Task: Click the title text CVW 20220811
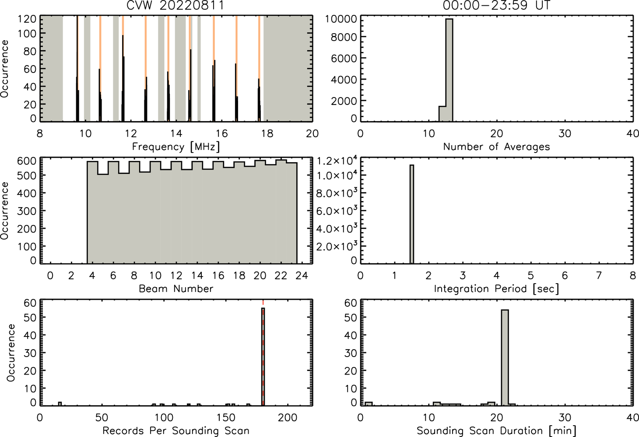(175, 5)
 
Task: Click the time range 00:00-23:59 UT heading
(497, 5)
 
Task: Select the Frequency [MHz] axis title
(176, 147)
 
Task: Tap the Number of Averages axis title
(496, 147)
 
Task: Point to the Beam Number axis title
(176, 288)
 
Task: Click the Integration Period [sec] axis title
(496, 289)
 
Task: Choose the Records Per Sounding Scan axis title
(176, 430)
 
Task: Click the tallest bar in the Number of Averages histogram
(449, 70)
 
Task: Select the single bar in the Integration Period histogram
(412, 214)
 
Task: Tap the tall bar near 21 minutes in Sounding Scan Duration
(505, 357)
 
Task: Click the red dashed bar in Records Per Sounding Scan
(263, 357)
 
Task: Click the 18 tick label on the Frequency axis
(267, 133)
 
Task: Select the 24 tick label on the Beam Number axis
(302, 275)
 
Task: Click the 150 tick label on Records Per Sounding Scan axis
(226, 418)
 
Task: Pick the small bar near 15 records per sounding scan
(60, 404)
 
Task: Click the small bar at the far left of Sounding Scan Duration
(369, 404)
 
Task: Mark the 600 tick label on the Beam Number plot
(27, 161)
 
